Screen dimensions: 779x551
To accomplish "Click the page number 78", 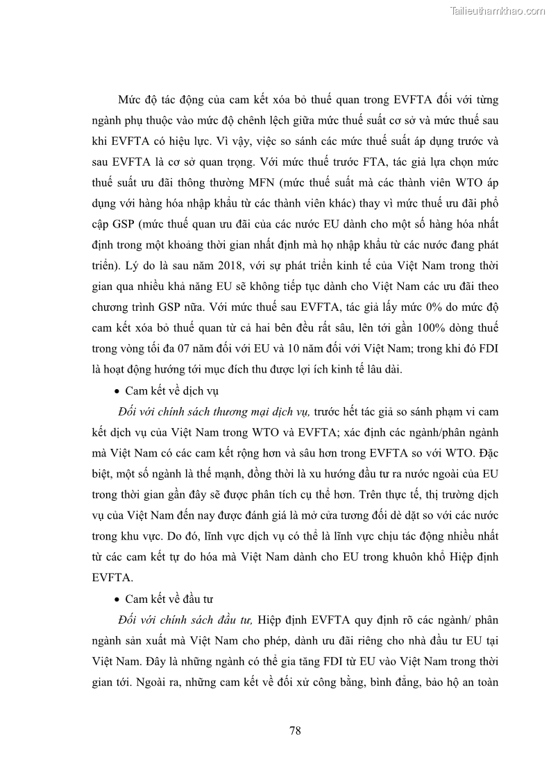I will click(x=294, y=730).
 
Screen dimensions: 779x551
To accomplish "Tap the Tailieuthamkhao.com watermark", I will click(x=498, y=10).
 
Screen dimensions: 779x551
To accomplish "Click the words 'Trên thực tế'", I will click(x=387, y=495).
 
